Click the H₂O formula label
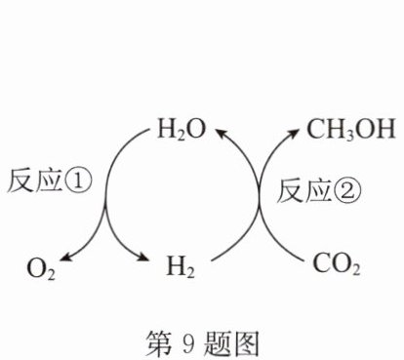pos(182,130)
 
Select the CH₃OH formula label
pos(351,130)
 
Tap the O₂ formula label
pos(41,269)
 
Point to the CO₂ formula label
pos(337,264)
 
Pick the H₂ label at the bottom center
pos(181,266)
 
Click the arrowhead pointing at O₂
pos(65,257)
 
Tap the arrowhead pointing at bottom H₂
pos(143,257)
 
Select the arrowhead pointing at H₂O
pos(222,133)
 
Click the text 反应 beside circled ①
pos(35,180)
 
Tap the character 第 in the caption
pos(158,343)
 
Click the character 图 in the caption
pos(246,343)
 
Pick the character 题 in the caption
pos(218,343)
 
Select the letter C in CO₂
pos(322,263)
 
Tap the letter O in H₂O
pos(196,128)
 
